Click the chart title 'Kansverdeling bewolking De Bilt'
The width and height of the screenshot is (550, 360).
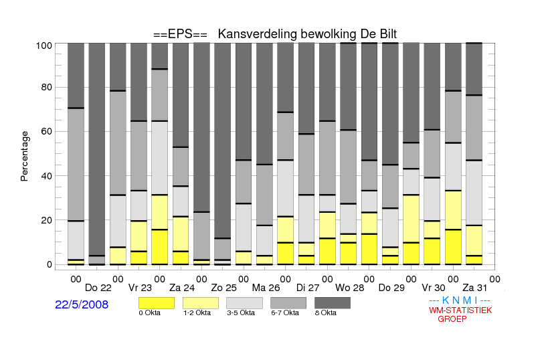coord(307,34)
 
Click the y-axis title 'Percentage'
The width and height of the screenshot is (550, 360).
coord(24,156)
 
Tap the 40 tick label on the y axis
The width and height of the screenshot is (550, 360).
coord(47,176)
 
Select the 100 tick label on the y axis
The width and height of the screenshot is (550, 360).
coord(44,46)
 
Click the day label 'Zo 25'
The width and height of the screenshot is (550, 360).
coord(223,288)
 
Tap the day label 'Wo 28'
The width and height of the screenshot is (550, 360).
coord(350,288)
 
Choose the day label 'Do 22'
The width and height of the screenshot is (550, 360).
coord(98,288)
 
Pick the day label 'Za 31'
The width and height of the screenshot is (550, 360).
coord(475,288)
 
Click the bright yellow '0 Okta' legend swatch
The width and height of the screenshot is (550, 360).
coord(157,303)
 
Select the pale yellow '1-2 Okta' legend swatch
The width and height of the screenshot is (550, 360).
coord(201,303)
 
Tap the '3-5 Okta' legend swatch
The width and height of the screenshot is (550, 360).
coord(244,303)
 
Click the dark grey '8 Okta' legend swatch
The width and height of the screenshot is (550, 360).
coord(333,303)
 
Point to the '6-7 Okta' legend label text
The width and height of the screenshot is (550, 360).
coord(285,312)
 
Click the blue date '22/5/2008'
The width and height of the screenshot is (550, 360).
coord(82,304)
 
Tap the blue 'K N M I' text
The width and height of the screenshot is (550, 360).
coord(460,300)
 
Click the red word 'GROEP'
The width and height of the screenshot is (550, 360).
coord(452,319)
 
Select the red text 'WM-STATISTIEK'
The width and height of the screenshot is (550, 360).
coord(460,310)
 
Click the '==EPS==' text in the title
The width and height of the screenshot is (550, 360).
coord(180,34)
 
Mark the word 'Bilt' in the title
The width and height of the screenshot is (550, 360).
coord(388,34)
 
